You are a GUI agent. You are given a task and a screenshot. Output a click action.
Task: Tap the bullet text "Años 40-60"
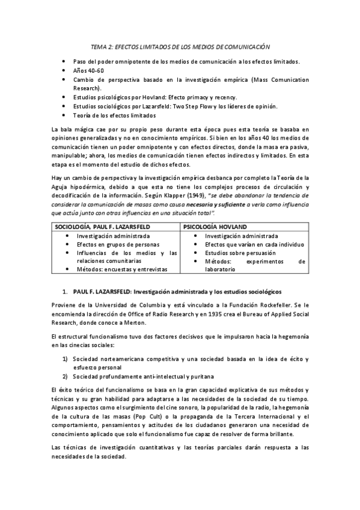point(88,70)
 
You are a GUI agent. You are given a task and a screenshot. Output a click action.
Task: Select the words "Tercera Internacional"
point(260,417)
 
